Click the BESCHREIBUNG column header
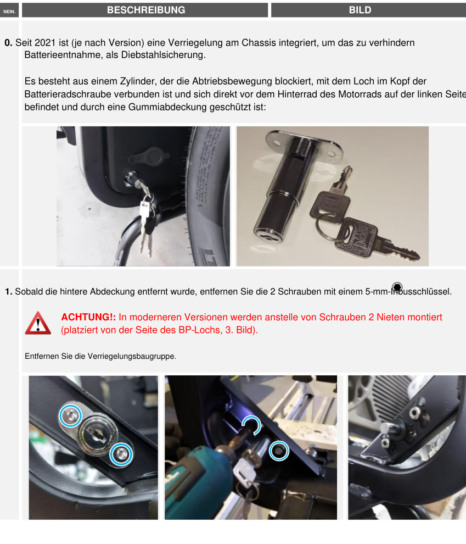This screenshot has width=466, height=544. [146, 10]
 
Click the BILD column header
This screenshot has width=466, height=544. [360, 10]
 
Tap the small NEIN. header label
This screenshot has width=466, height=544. [9, 12]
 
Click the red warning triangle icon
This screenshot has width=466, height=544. [38, 323]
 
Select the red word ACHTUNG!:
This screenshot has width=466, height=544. [88, 317]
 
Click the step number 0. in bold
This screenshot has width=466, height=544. [8, 43]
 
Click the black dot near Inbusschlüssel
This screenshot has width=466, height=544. [397, 287]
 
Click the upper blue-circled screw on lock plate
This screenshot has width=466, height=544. [70, 415]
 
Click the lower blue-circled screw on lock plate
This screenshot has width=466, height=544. [121, 454]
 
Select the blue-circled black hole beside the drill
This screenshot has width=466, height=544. [279, 451]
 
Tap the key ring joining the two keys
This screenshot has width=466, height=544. [329, 226]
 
